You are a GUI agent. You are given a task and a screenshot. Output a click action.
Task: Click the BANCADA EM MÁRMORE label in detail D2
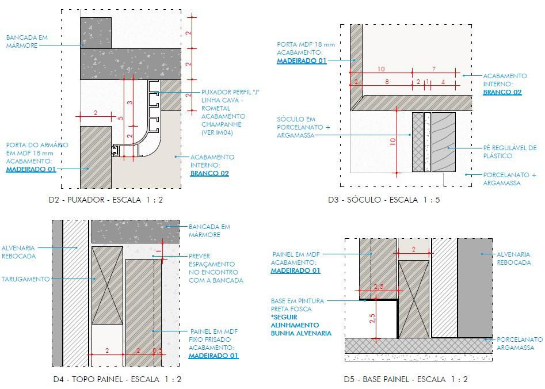26,41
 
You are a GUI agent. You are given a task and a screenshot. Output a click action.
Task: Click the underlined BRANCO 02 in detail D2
209,173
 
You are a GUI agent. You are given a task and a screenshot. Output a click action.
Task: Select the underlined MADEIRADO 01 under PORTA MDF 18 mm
302,60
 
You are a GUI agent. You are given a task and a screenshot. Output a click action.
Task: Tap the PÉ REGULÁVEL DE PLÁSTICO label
510,152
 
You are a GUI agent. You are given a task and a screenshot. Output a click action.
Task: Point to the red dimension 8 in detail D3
386,82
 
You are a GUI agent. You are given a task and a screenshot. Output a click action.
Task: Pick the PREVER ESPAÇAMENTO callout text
216,268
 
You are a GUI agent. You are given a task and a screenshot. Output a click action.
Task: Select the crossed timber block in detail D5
414,298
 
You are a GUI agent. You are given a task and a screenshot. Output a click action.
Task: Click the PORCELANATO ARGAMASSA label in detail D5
519,344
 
